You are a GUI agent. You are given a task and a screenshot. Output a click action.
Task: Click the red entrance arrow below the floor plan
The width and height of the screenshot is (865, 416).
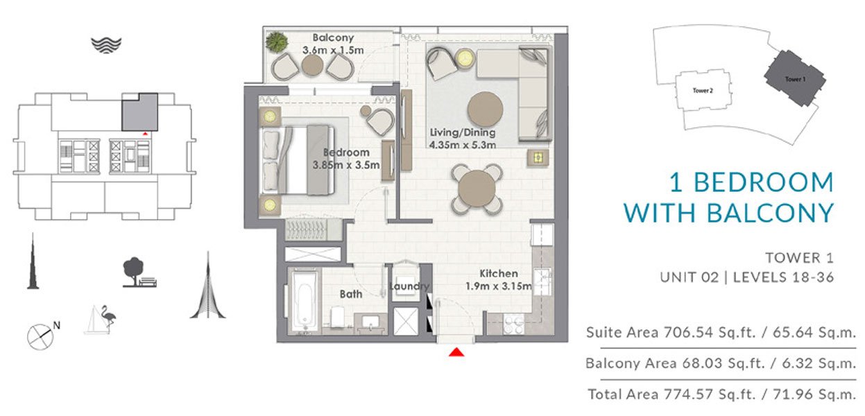click(x=456, y=353)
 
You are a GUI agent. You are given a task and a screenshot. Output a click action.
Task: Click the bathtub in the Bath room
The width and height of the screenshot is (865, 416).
click(x=304, y=302)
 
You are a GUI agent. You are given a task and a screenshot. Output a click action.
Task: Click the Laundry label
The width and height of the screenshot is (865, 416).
click(x=409, y=286)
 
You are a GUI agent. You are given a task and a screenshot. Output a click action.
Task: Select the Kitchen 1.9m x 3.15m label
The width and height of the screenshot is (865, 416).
click(x=498, y=279)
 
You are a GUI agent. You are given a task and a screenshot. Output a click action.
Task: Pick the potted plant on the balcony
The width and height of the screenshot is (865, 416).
click(x=277, y=42)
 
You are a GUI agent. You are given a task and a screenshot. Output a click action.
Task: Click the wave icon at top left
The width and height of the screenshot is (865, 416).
click(x=106, y=45)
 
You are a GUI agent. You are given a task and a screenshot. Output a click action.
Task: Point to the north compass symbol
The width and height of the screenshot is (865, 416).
click(x=41, y=336)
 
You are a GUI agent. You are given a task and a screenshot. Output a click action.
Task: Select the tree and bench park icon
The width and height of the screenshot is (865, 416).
click(x=137, y=272)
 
